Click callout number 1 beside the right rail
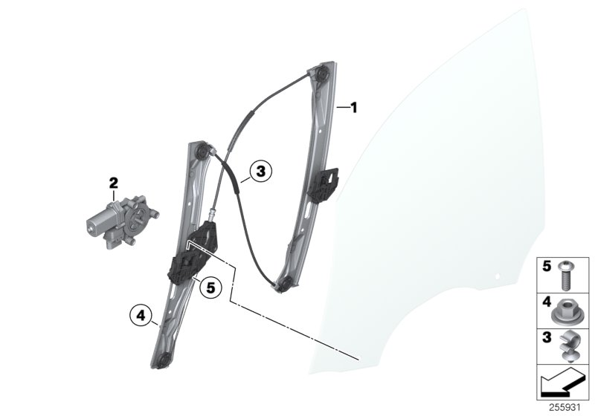pos(354,108)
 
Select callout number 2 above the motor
pos(113,182)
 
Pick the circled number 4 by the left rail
pos(139,315)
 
